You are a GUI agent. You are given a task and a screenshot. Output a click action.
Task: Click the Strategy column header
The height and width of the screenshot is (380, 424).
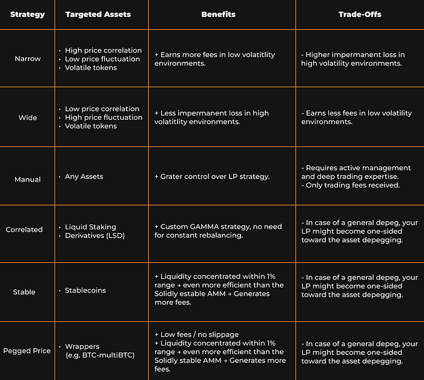tap(27, 14)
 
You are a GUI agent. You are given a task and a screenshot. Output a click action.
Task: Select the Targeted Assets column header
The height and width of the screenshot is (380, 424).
tap(98, 14)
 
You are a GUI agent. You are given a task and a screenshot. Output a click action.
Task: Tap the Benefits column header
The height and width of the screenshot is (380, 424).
tap(218, 14)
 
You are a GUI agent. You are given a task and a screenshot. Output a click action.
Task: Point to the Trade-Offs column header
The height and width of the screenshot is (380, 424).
tap(360, 14)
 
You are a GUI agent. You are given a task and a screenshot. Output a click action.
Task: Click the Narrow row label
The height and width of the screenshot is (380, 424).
tap(27, 59)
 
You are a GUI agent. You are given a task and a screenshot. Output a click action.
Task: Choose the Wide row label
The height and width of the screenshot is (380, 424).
tap(27, 117)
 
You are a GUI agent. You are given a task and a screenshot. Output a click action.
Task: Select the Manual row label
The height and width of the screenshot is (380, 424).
tap(27, 179)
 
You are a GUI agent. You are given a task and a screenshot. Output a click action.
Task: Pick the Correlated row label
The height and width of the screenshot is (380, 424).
tap(24, 229)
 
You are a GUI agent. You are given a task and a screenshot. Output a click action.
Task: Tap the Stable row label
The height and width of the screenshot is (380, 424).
tap(24, 292)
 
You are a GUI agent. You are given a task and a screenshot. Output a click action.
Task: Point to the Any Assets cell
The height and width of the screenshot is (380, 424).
tap(84, 177)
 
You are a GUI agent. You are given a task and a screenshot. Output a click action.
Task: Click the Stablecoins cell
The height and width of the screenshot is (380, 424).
tap(85, 290)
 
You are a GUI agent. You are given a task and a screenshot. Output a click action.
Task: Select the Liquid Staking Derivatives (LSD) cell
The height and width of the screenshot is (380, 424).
tap(94, 231)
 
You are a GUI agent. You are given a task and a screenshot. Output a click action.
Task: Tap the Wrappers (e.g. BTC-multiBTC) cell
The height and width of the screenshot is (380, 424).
tap(98, 351)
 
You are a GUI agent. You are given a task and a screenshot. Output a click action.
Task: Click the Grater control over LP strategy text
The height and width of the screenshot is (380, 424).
tap(212, 177)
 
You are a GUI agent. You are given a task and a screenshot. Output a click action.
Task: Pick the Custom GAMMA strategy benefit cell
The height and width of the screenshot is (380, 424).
tap(218, 231)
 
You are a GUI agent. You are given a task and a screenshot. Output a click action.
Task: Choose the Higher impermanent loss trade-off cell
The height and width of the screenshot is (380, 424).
tap(353, 59)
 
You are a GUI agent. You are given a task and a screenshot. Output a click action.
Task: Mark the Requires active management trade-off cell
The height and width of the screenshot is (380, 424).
tap(357, 177)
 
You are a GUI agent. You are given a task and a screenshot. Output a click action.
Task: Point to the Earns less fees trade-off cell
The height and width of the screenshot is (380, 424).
tap(356, 117)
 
